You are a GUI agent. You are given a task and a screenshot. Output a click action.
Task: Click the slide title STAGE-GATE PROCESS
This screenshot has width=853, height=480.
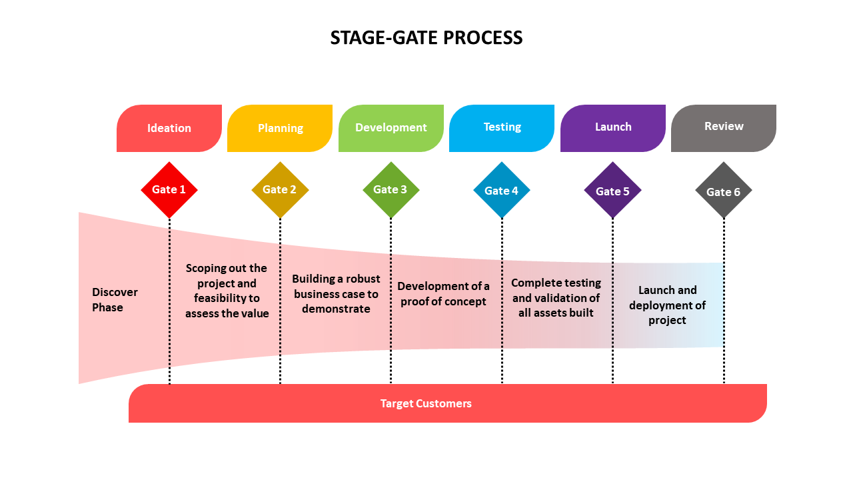426,38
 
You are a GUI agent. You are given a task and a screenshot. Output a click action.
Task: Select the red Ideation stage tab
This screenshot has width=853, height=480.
169,128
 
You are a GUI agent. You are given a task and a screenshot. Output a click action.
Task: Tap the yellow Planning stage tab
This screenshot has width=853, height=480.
280,128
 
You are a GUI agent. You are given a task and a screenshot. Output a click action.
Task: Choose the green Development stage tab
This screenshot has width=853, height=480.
391,128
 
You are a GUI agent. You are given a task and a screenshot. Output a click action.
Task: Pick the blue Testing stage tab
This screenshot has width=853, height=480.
502,127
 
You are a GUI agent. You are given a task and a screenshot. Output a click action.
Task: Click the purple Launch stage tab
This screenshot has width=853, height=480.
613,127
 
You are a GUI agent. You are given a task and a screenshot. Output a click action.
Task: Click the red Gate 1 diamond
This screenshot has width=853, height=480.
169,190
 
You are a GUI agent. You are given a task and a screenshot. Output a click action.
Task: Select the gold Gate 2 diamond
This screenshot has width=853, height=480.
280,190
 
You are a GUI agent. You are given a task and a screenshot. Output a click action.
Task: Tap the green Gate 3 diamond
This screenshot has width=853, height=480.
391,190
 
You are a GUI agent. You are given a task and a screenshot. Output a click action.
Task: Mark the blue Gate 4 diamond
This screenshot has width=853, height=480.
502,191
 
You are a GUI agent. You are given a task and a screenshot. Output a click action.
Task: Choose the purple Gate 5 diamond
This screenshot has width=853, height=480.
612,191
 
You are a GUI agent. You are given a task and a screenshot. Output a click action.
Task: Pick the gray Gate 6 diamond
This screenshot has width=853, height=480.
723,192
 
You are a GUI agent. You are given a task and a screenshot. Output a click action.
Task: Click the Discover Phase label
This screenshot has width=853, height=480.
115,300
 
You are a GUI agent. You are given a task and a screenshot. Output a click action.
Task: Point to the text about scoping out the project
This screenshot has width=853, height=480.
227,291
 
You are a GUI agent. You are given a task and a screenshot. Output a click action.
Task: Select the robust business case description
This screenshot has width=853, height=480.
336,294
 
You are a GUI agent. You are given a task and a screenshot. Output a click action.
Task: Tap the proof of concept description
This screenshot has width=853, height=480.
443,294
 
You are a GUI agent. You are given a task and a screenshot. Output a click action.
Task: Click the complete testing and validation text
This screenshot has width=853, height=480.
556,298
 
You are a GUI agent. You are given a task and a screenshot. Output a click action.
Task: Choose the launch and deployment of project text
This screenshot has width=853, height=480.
667,305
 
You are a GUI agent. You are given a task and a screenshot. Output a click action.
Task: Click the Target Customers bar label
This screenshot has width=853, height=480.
426,403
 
